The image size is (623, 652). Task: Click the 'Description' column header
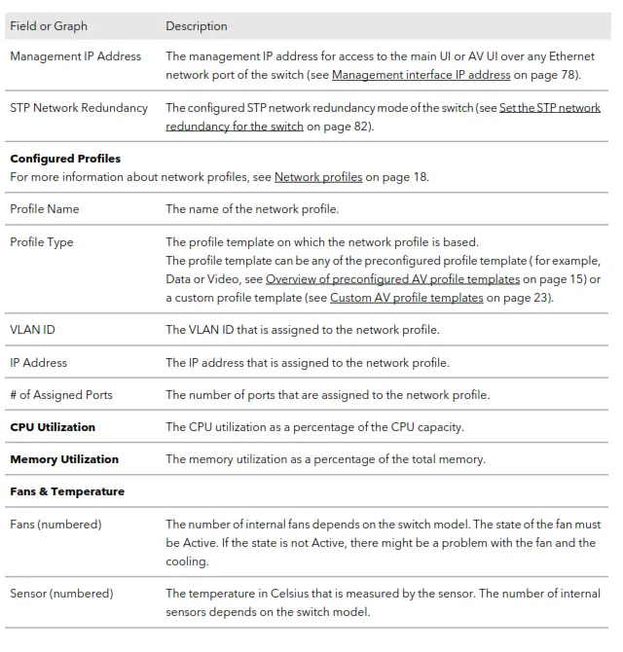point(196,25)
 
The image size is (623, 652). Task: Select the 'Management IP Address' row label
point(75,56)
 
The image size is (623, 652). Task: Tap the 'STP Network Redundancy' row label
point(79,108)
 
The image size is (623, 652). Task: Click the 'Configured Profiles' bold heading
point(64,159)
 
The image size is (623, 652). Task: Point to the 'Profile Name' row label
point(45,209)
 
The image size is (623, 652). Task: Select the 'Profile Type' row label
point(42,242)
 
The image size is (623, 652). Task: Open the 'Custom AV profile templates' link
point(406,298)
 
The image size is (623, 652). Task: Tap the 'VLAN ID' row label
point(32,330)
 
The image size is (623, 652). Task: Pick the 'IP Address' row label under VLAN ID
point(38,363)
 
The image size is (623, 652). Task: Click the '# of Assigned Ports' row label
point(61,395)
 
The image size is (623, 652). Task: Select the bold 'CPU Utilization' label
point(53,427)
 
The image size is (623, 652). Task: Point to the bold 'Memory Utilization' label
point(64,459)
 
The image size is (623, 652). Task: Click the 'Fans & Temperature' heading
point(67,491)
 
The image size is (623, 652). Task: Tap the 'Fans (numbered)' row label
point(55,525)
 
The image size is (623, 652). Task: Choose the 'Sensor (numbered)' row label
point(61,593)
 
